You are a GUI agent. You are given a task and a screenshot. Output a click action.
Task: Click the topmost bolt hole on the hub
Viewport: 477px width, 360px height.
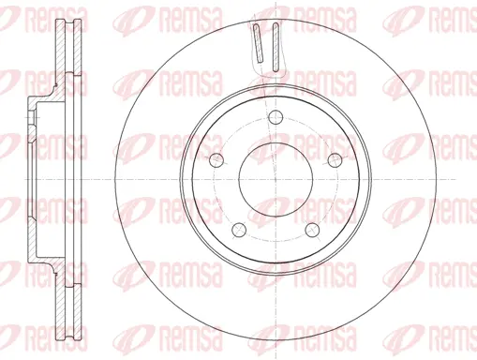coord(274,117)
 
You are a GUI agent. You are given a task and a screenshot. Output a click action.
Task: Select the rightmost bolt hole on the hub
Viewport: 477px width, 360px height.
coord(333,159)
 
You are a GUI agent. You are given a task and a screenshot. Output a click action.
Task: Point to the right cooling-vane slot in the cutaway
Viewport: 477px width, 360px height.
coord(277,43)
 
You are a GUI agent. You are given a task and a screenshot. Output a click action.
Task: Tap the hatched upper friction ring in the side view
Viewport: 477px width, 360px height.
coord(61,56)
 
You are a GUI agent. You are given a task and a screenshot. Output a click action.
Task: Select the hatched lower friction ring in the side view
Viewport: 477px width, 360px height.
coord(61,300)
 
